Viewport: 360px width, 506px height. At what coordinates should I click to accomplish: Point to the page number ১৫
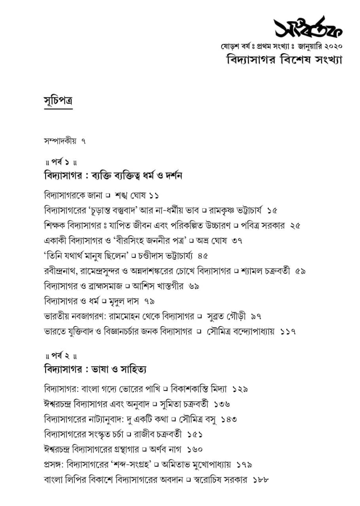pos(272,210)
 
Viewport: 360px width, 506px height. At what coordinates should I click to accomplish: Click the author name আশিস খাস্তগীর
pos(158,286)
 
